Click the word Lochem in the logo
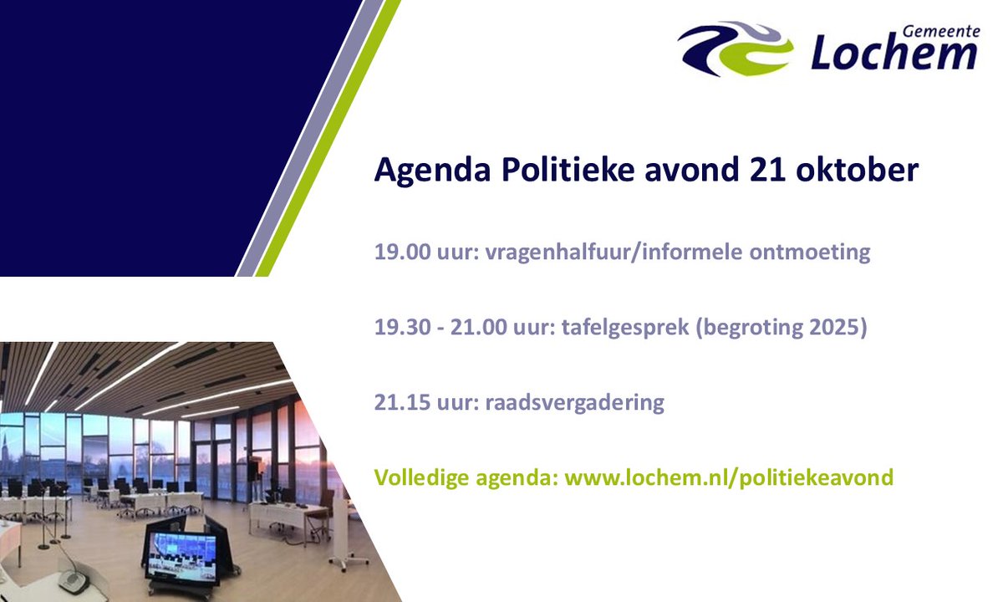(x=894, y=53)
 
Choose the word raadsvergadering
(x=574, y=402)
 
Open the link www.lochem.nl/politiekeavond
(x=729, y=477)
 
